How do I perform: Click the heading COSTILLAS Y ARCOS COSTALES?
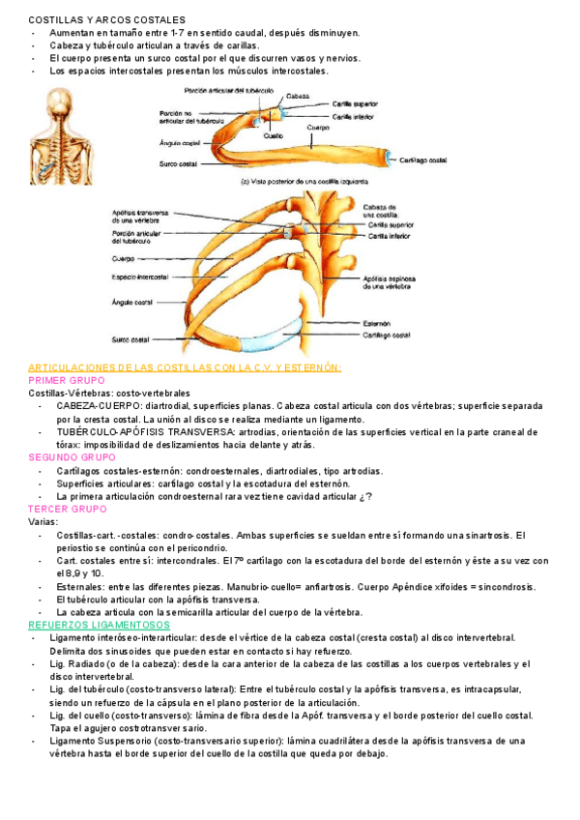[x=91, y=19]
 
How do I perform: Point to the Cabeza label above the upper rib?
[x=298, y=97]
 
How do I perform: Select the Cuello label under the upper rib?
[x=274, y=136]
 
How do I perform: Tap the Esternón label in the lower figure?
[x=377, y=323]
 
